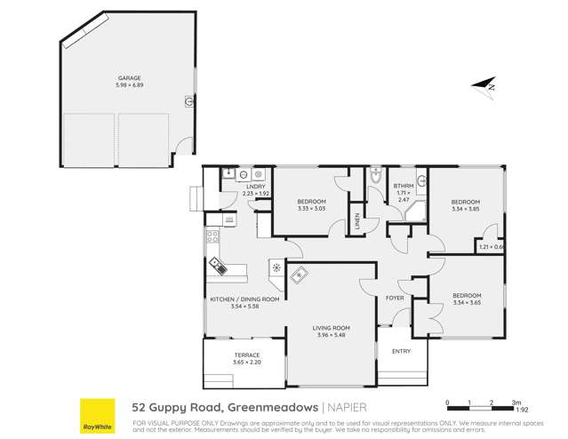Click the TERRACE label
[x=236, y=355]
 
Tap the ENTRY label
[x=402, y=351]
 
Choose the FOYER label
[x=396, y=298]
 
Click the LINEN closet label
[x=358, y=221]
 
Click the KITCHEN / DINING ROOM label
[x=244, y=299]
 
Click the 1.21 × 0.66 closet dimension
[x=491, y=246]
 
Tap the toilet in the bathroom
[x=376, y=178]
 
